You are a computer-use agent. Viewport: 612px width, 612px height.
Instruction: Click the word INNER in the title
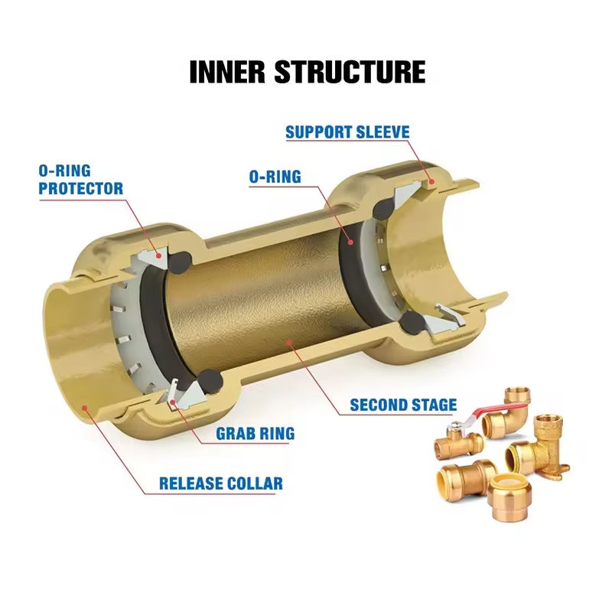tap(227, 72)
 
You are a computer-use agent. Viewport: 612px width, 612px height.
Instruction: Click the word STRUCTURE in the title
tap(350, 72)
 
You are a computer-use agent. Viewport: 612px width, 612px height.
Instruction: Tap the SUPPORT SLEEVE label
tap(347, 132)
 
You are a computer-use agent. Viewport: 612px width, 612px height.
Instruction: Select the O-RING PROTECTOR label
tap(81, 180)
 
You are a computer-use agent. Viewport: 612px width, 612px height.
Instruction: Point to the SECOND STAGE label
tap(403, 405)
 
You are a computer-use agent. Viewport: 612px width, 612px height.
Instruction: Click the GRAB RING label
tap(256, 434)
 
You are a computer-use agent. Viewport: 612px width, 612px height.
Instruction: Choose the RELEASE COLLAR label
tap(221, 483)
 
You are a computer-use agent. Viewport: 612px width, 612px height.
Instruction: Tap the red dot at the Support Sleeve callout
tap(431, 181)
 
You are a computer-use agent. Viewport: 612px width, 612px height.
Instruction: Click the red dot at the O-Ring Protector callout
tap(158, 256)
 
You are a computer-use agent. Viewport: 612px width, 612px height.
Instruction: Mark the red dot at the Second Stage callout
tap(289, 343)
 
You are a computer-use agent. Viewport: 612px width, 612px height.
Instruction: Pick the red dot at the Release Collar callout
tap(84, 408)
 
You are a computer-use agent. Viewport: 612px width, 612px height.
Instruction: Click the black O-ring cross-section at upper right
tap(385, 209)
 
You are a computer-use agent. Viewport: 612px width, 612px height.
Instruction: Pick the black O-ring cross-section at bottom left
tap(210, 381)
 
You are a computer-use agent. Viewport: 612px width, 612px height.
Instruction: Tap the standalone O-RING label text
tap(275, 177)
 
